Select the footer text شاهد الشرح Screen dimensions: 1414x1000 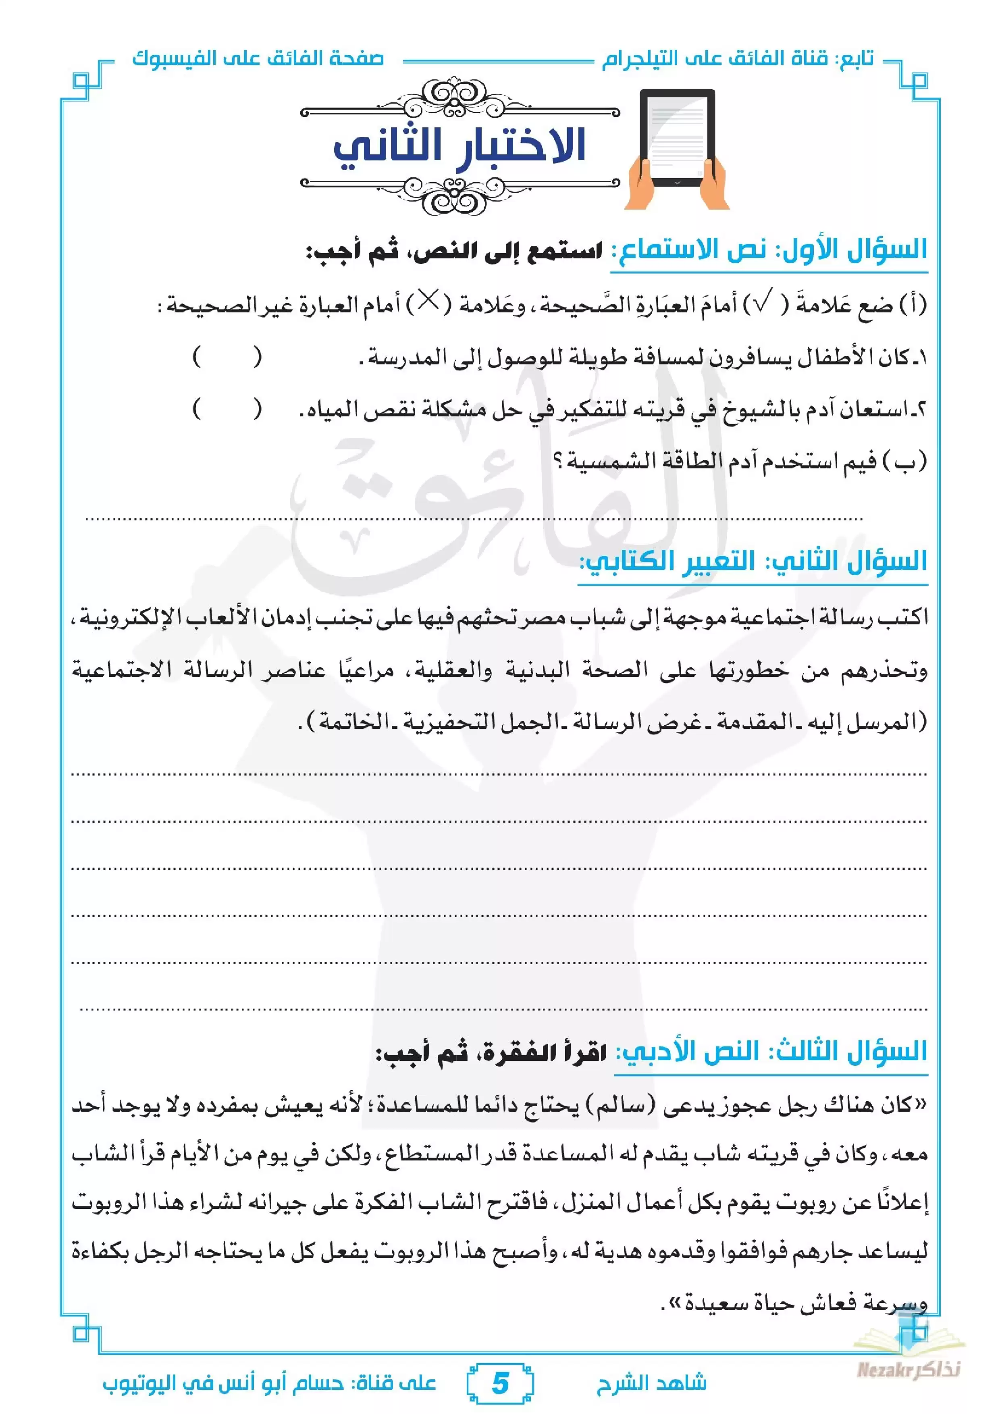651,1383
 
